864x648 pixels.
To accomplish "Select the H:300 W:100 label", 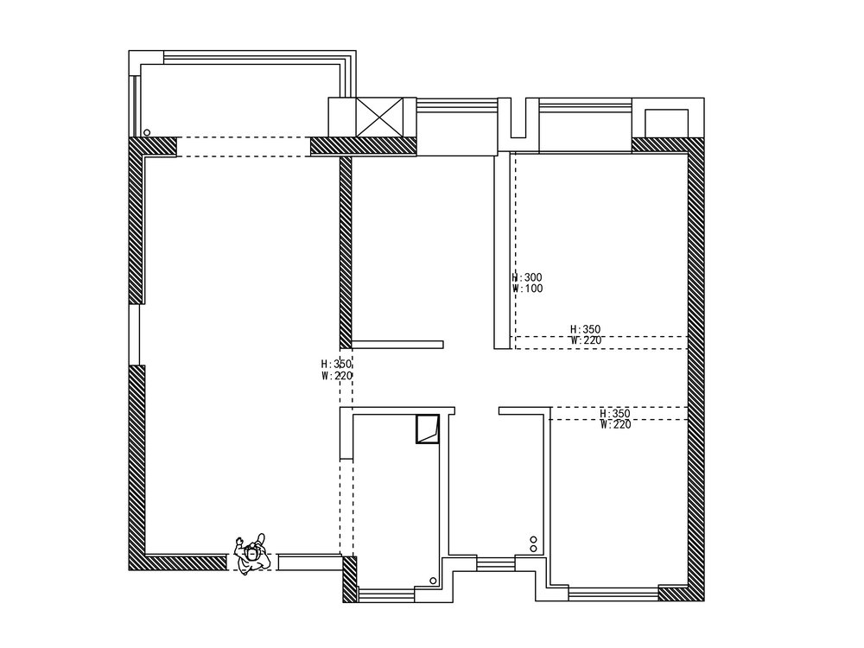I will coord(527,283).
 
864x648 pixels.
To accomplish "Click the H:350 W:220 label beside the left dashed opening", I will coord(336,370).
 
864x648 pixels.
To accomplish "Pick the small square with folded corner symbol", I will coord(427,429).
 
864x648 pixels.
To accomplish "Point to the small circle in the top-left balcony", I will coord(148,133).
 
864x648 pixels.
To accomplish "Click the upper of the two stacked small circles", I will coord(534,539).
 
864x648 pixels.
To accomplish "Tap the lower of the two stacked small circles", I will coord(534,549).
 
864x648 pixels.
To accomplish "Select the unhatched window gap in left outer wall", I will coord(134,334).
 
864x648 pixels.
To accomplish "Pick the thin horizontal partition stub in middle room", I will coord(397,344).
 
